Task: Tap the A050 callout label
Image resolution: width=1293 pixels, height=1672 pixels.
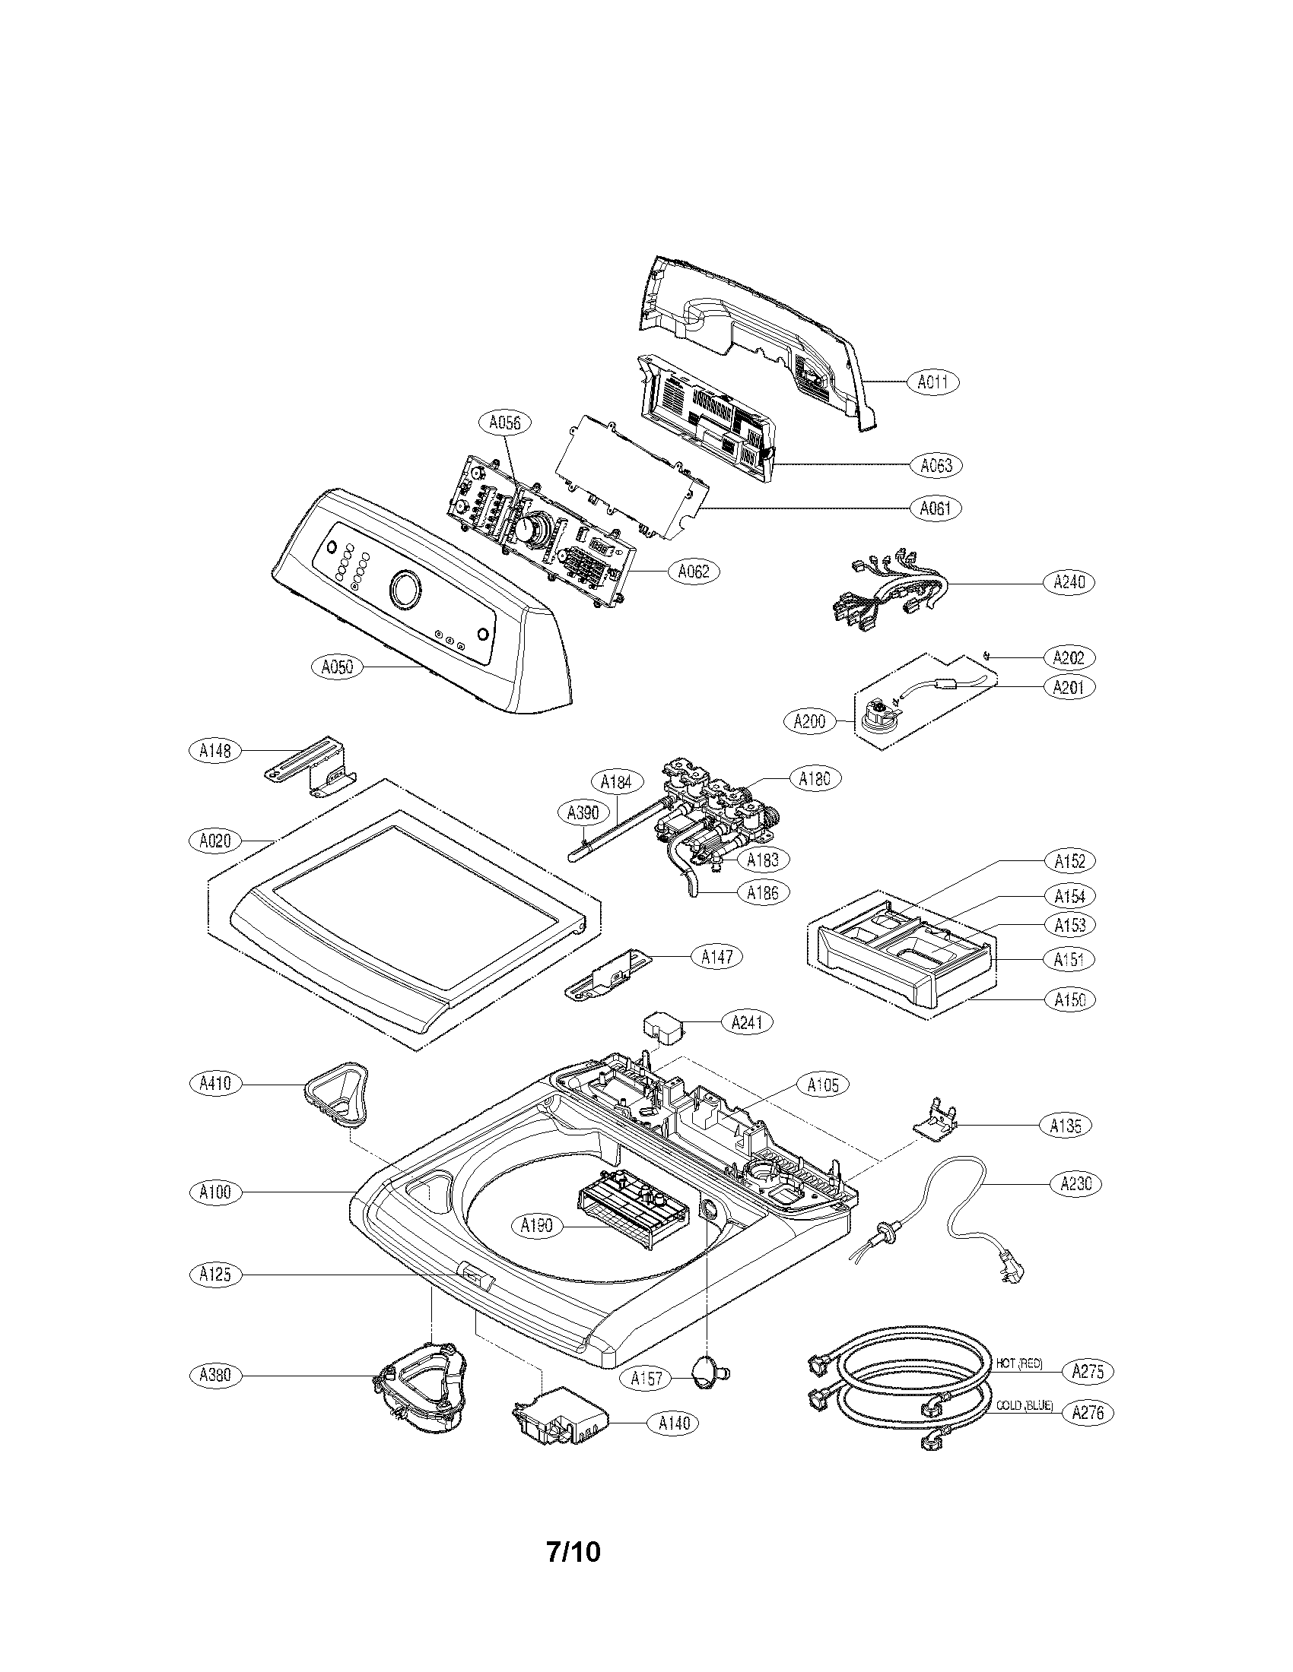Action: click(x=337, y=667)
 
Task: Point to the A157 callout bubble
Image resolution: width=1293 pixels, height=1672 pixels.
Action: click(x=646, y=1378)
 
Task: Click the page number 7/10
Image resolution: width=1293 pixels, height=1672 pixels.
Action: click(x=573, y=1551)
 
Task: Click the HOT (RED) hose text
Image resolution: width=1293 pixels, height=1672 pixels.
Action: click(x=1018, y=1363)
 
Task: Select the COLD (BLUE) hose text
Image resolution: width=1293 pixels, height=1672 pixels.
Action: click(x=1025, y=1405)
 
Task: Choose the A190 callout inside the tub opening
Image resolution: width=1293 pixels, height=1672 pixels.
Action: click(x=536, y=1226)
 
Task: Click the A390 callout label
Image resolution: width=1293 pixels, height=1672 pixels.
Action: click(x=583, y=812)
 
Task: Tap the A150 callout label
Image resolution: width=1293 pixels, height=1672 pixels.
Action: click(x=1069, y=999)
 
